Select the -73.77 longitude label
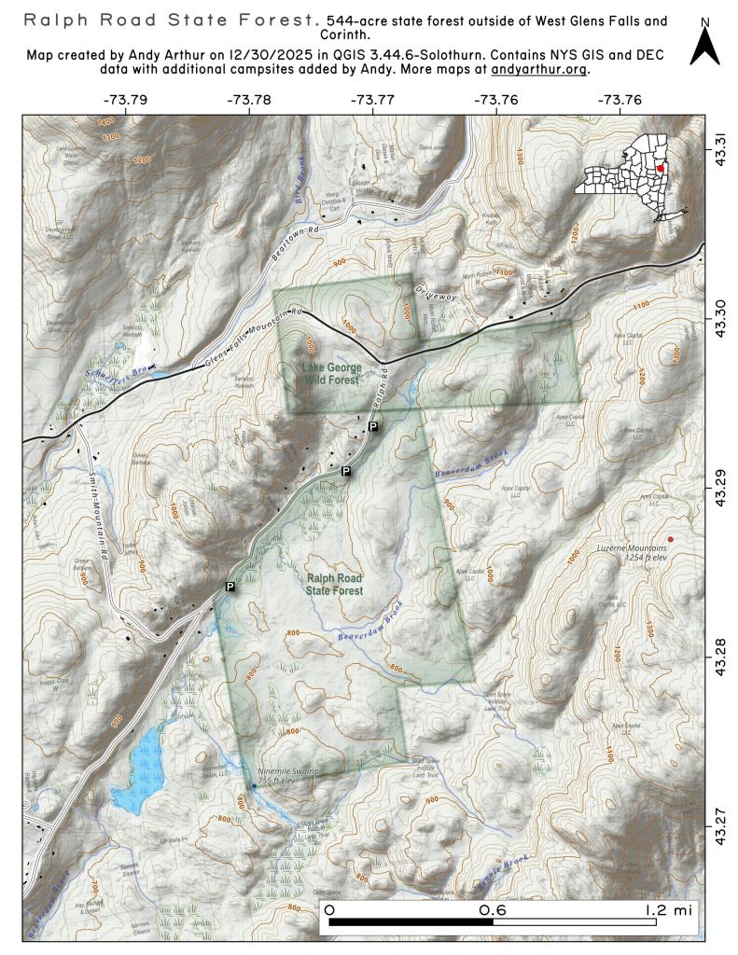(372, 99)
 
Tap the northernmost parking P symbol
(373, 426)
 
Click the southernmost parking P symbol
(230, 586)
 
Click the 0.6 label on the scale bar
(492, 909)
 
